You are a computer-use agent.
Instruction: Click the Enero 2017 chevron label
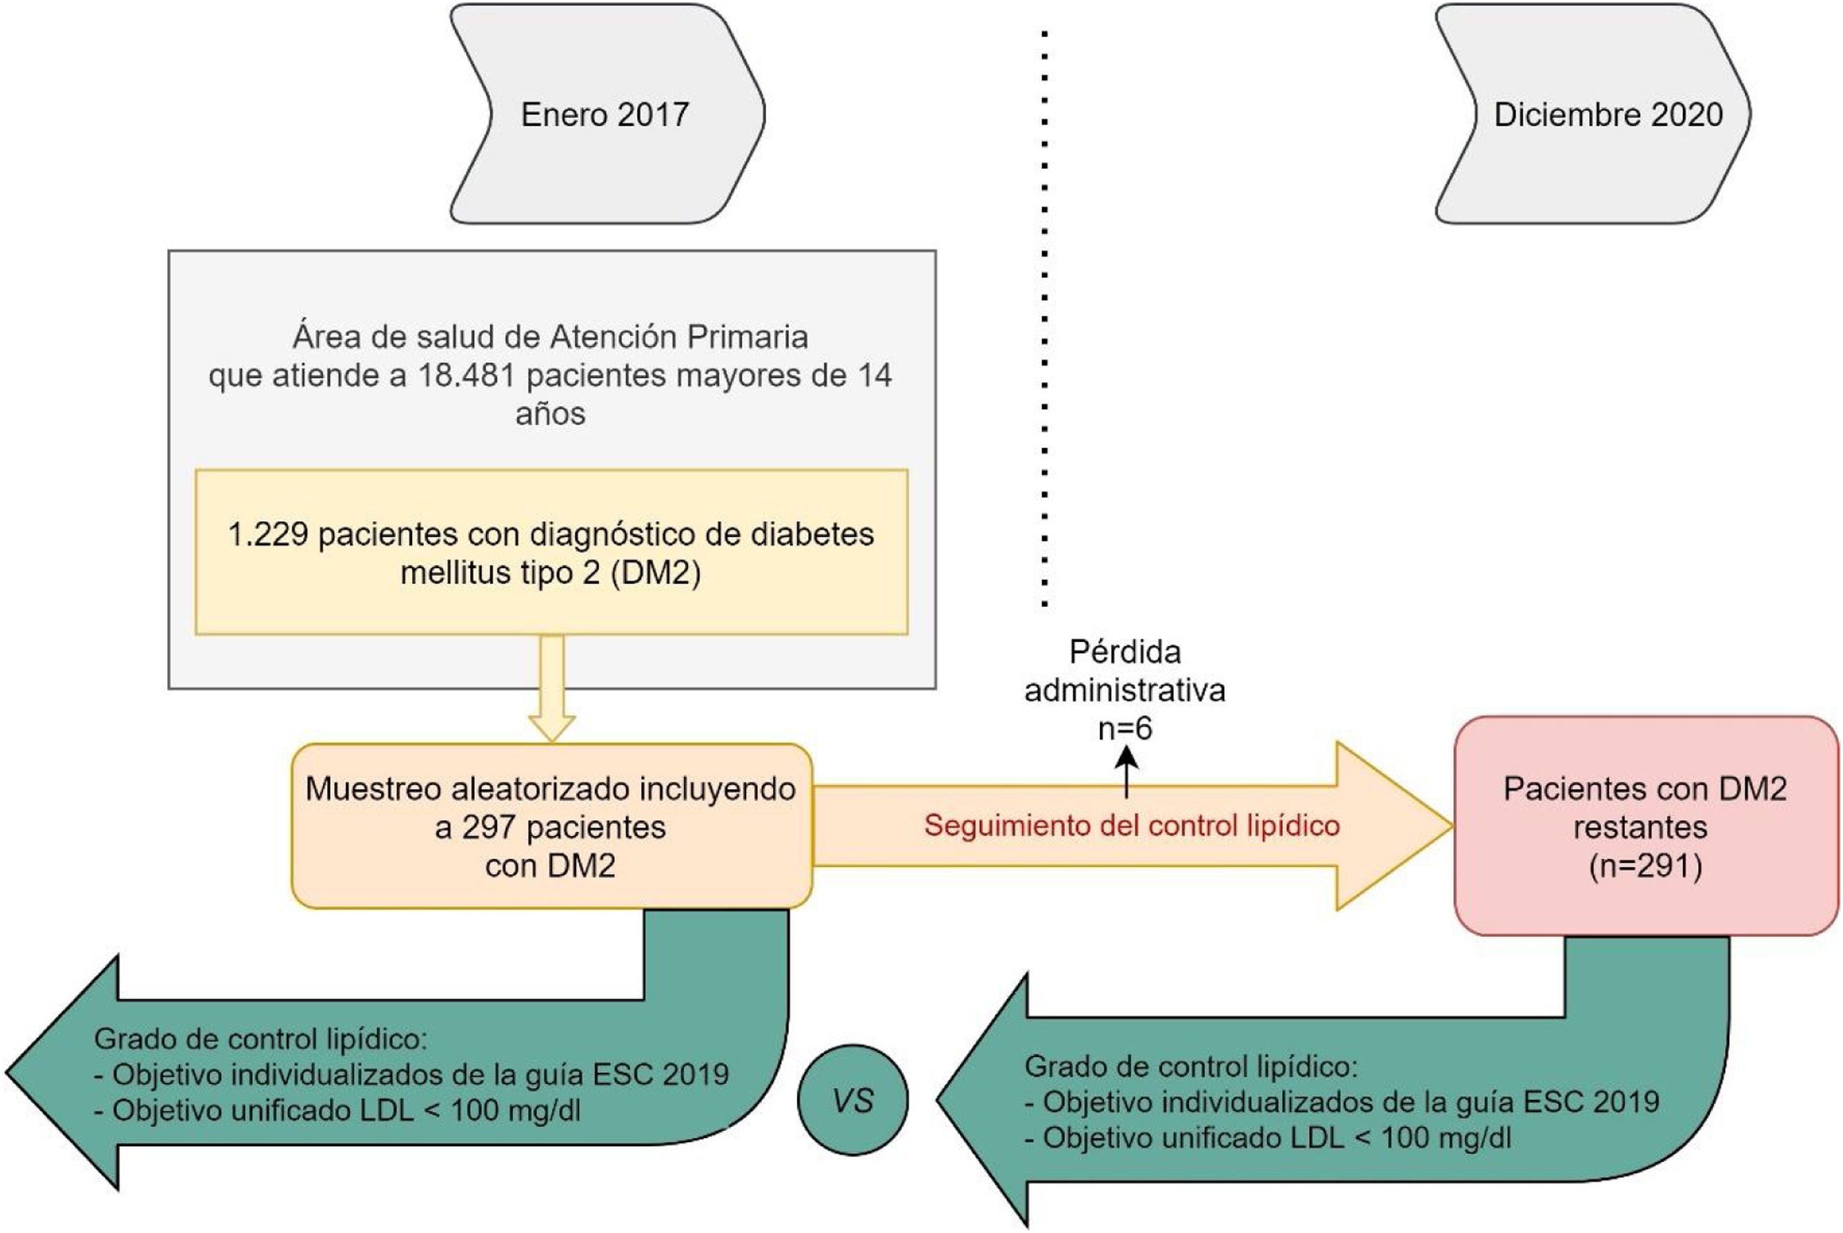pyautogui.click(x=604, y=115)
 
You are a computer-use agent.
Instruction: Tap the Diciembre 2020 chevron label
pyautogui.click(x=1608, y=115)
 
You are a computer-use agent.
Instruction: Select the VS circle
pyautogui.click(x=853, y=1100)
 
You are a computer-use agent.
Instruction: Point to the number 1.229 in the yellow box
pyautogui.click(x=267, y=535)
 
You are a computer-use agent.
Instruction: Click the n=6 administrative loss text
pyautogui.click(x=1125, y=729)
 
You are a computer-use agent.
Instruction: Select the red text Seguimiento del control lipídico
pyautogui.click(x=1132, y=826)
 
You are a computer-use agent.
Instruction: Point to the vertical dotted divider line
pyautogui.click(x=1045, y=315)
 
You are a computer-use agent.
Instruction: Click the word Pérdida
pyautogui.click(x=1125, y=652)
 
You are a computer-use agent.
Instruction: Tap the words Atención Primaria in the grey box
pyautogui.click(x=679, y=337)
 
